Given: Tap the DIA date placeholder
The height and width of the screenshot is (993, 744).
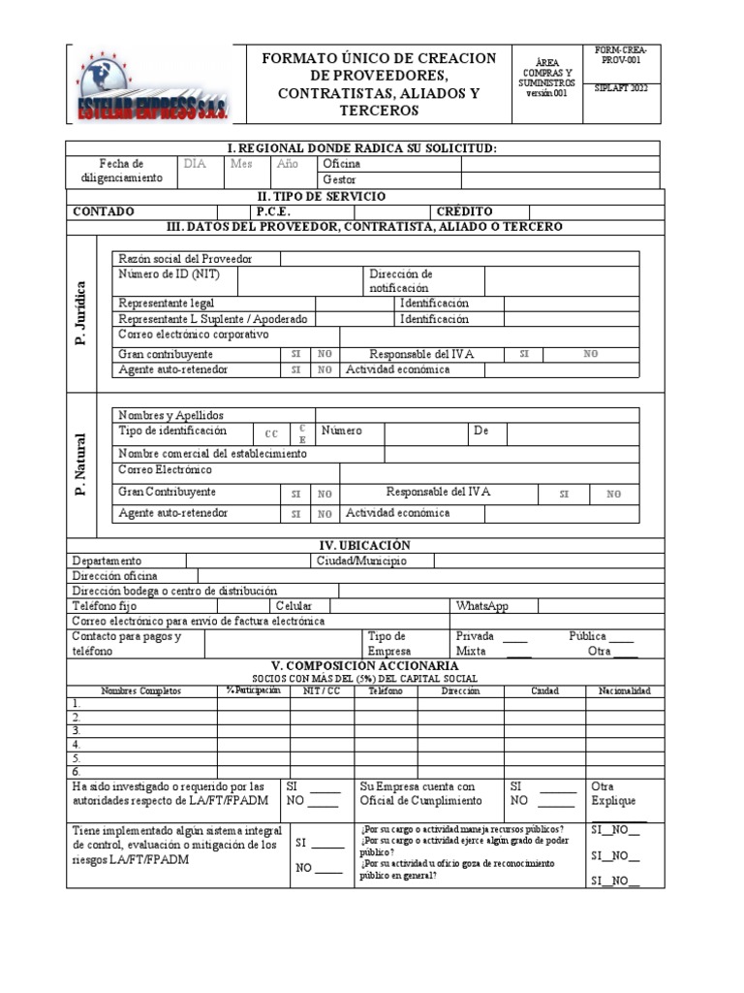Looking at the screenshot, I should pos(196,164).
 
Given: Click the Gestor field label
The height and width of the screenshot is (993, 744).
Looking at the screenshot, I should pos(339,179).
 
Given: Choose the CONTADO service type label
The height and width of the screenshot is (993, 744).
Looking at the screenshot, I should pos(105,211).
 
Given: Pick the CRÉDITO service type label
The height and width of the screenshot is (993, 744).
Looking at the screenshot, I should pos(464,211).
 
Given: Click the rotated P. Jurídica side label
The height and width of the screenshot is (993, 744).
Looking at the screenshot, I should pos(80,312).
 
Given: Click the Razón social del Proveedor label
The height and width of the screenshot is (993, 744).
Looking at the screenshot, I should pos(185,259).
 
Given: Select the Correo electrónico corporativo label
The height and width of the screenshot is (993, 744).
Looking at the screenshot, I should pos(193,334).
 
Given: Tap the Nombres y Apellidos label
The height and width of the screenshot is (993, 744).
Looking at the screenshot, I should pos(170,415).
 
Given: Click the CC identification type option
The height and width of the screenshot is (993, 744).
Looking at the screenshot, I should pos(271,433).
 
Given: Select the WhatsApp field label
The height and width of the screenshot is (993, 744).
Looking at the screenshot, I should pos(481,606).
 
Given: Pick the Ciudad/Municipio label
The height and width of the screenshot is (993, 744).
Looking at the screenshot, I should pos(361,561).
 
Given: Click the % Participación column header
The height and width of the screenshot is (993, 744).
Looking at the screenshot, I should pos(253,690).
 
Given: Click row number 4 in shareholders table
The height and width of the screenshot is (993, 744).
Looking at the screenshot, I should pos(76,745).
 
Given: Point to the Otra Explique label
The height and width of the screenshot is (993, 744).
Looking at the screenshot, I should pos(613,793).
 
